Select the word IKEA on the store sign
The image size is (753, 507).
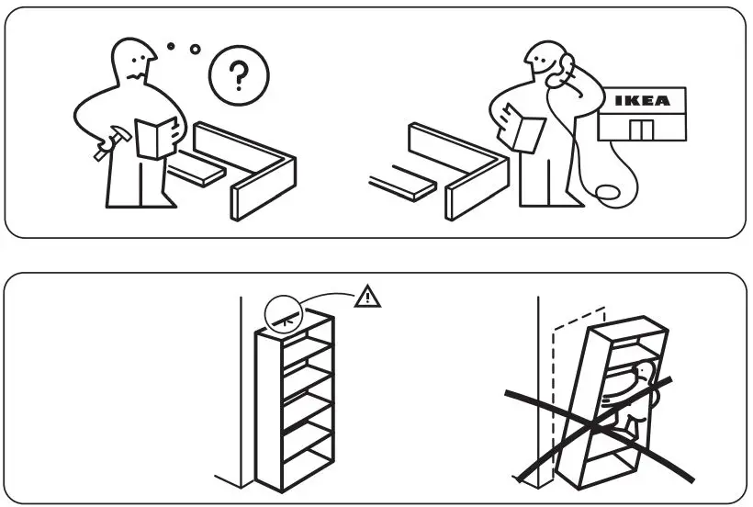(642, 101)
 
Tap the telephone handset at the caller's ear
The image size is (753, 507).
(566, 67)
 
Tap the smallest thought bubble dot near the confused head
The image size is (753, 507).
(170, 44)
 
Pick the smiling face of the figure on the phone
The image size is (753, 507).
(549, 66)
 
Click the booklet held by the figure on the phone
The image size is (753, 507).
(527, 130)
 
